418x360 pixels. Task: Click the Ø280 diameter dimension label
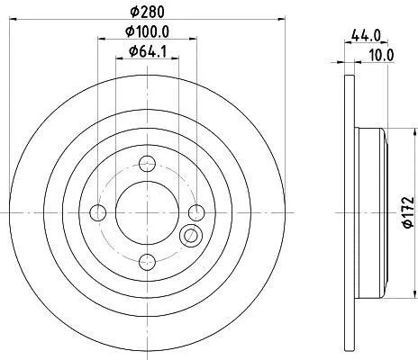click(148, 12)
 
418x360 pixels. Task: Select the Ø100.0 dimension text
click(148, 31)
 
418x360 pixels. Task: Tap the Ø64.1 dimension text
click(148, 51)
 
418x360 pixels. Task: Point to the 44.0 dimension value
click(366, 36)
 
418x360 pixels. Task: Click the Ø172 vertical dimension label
click(408, 212)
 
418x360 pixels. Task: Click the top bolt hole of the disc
click(147, 164)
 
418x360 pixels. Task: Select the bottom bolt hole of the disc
click(148, 262)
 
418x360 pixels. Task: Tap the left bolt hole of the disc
click(98, 212)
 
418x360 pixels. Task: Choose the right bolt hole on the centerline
click(196, 212)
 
